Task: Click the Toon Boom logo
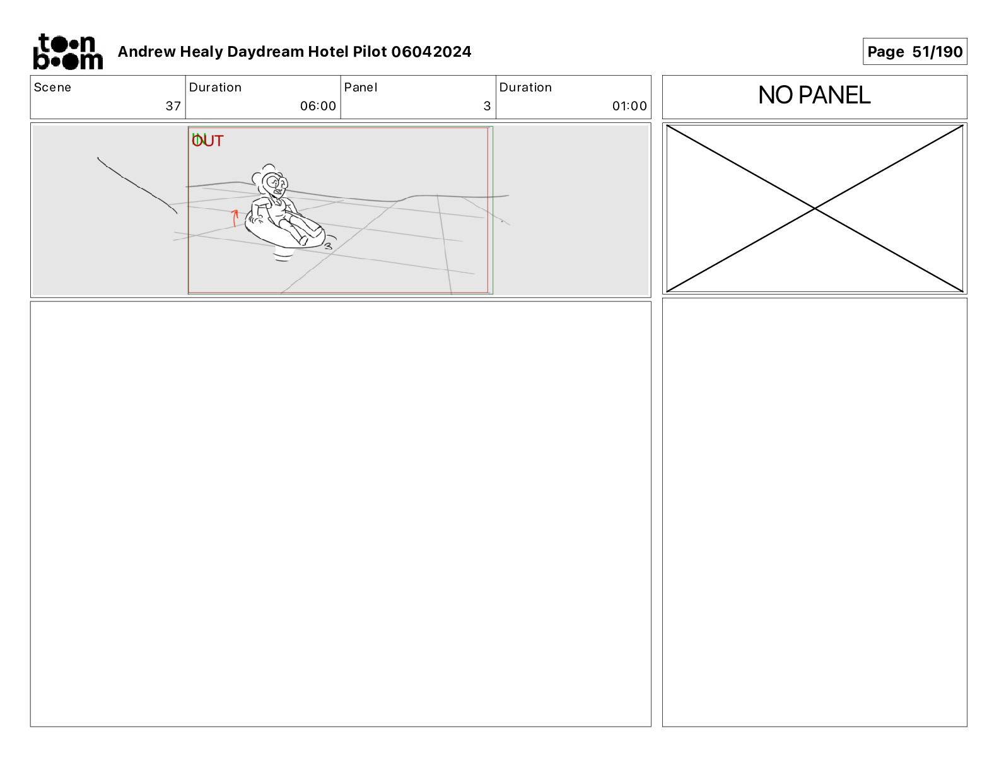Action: pos(68,52)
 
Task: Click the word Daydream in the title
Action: pos(266,52)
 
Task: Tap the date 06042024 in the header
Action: pos(431,52)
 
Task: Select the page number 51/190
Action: pos(937,52)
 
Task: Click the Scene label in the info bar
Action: pos(52,88)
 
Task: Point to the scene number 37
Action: pos(173,106)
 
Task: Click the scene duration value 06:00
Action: pos(318,106)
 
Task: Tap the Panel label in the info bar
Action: pos(360,88)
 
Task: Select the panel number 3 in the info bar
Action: pos(488,106)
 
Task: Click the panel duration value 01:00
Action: pos(629,106)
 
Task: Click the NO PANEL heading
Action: pos(814,95)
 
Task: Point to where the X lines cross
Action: pos(815,209)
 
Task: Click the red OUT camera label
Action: pos(207,141)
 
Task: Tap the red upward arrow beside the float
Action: pos(235,218)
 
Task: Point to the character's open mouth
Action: pos(277,192)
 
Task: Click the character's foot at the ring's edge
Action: pos(303,240)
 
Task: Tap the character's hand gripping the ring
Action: pos(256,219)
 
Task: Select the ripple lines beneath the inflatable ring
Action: pos(283,256)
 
